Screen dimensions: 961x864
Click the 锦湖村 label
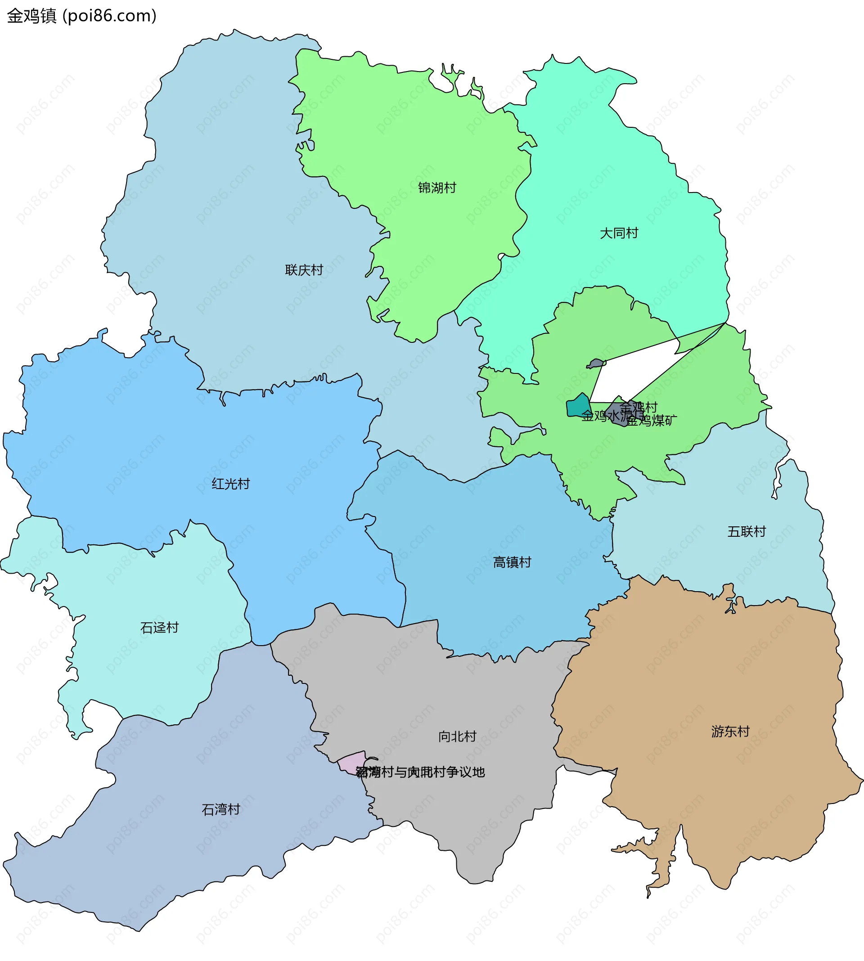[x=437, y=188]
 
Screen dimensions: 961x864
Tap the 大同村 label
[x=619, y=233]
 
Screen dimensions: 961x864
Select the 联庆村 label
[x=304, y=270]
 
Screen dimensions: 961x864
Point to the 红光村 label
[x=230, y=484]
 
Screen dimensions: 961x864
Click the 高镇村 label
[x=512, y=562]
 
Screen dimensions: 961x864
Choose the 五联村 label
[x=746, y=531]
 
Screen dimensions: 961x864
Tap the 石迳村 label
[x=159, y=628]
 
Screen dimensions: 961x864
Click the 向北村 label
[x=457, y=736]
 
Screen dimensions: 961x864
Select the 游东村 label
[x=730, y=731]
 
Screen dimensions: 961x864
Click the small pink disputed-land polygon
[x=352, y=762]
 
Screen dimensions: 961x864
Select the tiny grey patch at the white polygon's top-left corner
[x=595, y=364]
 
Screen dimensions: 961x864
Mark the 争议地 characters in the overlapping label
[x=465, y=772]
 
